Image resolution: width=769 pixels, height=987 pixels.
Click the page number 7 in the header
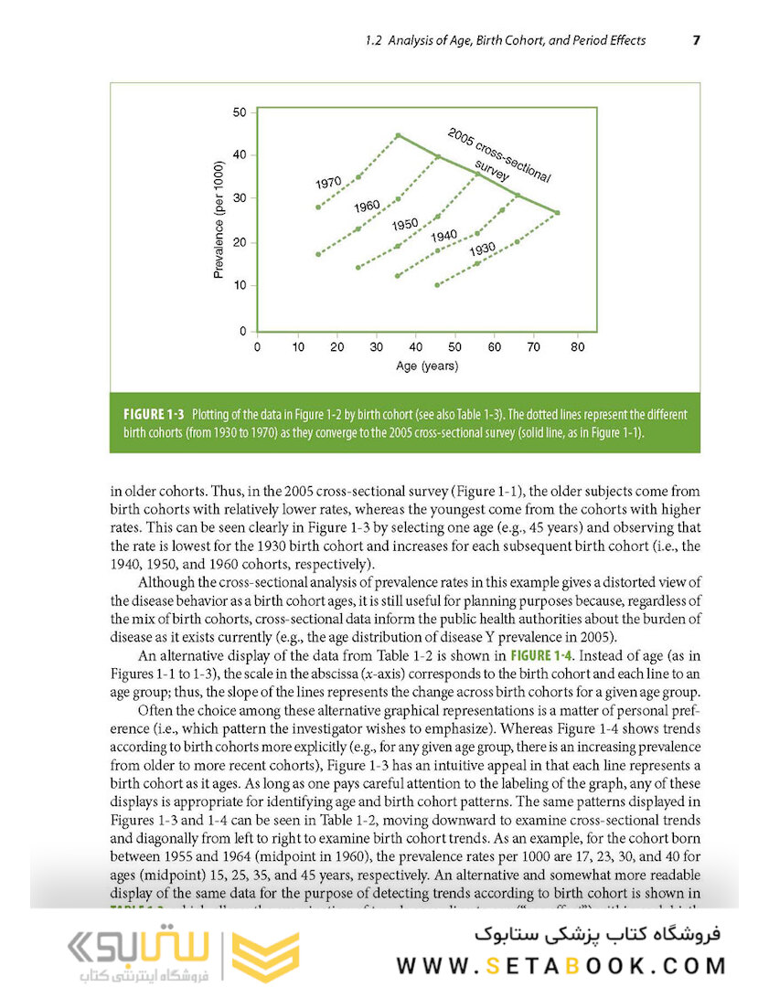click(x=696, y=40)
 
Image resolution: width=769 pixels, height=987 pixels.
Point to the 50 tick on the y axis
click(x=240, y=112)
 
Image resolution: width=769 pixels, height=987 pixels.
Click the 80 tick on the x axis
click(x=577, y=347)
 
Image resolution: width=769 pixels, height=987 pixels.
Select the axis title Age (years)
click(x=427, y=366)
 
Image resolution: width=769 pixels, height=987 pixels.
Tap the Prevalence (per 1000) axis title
click(x=218, y=220)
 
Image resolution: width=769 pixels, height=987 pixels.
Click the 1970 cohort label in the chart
click(x=328, y=183)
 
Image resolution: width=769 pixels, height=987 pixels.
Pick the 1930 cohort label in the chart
click(x=482, y=249)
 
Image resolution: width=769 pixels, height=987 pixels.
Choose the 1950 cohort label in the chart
click(x=405, y=225)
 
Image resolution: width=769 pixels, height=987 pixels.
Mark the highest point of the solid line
click(x=398, y=135)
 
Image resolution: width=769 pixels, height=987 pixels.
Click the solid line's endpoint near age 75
click(x=558, y=213)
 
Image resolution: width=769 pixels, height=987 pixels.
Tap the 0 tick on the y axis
click(x=242, y=330)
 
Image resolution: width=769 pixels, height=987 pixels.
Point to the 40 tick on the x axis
click(x=416, y=347)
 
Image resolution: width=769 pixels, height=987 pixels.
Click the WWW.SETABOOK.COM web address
click(x=561, y=965)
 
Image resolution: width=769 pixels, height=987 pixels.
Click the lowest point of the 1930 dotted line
click(x=437, y=285)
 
